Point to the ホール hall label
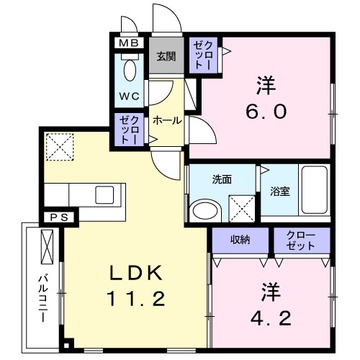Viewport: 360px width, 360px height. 167,121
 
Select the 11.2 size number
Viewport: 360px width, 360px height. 138,296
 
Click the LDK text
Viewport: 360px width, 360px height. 138,273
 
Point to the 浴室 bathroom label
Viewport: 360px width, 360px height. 279,192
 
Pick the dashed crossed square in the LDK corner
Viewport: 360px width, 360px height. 60,148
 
